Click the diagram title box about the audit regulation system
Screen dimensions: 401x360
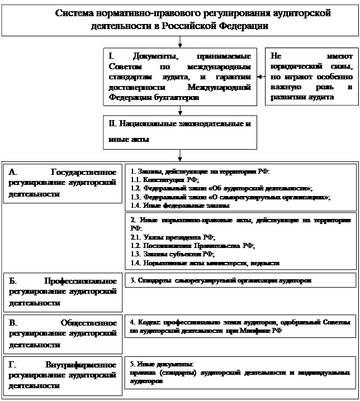[x=180, y=20]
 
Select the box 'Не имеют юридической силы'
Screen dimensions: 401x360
[x=311, y=77]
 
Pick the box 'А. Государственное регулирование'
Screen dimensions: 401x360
[x=63, y=183]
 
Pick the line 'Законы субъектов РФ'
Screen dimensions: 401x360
[x=168, y=254]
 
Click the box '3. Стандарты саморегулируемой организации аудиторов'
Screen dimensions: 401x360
[x=240, y=280]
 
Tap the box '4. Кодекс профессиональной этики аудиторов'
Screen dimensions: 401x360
[x=240, y=326]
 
